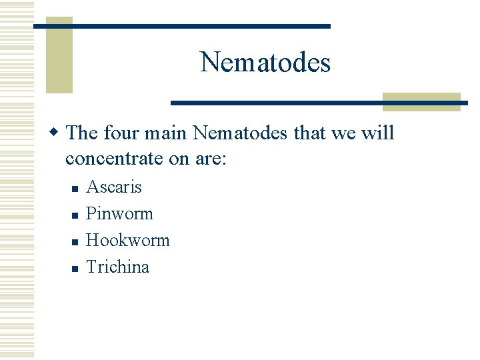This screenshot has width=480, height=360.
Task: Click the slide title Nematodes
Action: pyautogui.click(x=265, y=63)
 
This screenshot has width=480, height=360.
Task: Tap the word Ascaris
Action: pyautogui.click(x=114, y=187)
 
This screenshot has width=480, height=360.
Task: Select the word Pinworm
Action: pyautogui.click(x=119, y=214)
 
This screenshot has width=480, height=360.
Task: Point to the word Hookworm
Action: pyautogui.click(x=128, y=240)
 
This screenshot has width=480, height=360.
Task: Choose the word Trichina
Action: pyautogui.click(x=118, y=267)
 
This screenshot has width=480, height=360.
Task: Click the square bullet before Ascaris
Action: pyautogui.click(x=76, y=189)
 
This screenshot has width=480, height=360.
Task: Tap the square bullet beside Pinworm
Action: pyautogui.click(x=76, y=215)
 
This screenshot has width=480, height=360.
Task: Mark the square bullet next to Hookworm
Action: pyautogui.click(x=76, y=242)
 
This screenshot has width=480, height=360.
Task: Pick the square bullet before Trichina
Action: pyautogui.click(x=76, y=269)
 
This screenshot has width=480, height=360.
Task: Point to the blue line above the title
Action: pyautogui.click(x=181, y=26)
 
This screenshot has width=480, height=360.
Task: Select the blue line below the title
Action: pyautogui.click(x=319, y=103)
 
